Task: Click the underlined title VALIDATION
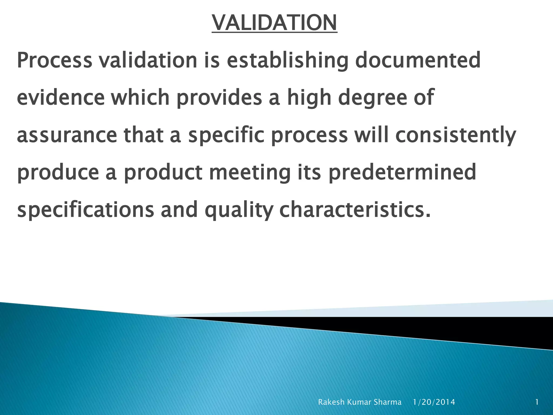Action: click(x=274, y=23)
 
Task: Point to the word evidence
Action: click(x=60, y=98)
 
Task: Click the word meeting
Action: click(x=250, y=173)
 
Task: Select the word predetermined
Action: click(x=402, y=173)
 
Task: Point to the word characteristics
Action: click(x=355, y=210)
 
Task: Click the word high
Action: click(x=309, y=98)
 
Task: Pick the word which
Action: click(x=140, y=98)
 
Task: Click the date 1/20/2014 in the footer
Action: click(x=434, y=402)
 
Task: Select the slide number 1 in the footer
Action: click(x=537, y=402)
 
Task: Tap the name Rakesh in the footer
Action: click(x=331, y=402)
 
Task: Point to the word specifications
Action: click(x=85, y=210)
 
